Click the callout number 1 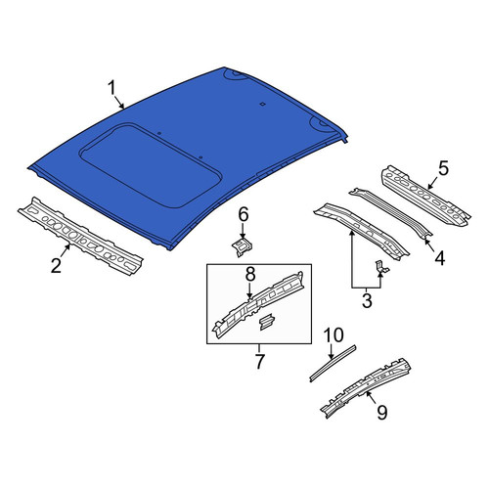[111, 89]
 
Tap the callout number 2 [56, 265]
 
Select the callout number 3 [367, 300]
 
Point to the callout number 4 [439, 258]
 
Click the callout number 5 [443, 168]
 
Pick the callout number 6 [244, 215]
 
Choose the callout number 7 [259, 361]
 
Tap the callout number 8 [250, 275]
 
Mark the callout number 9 [381, 412]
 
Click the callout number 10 [333, 335]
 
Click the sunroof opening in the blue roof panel [151, 165]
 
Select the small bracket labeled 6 [243, 246]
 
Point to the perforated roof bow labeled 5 [426, 196]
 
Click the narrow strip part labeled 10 [333, 364]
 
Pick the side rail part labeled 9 [366, 388]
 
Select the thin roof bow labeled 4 [391, 212]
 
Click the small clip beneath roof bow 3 [382, 266]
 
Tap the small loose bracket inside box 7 [267, 322]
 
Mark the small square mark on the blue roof [262, 104]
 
